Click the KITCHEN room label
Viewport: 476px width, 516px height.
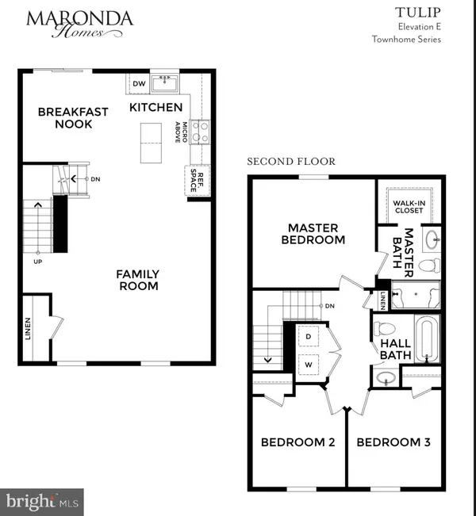coord(155,107)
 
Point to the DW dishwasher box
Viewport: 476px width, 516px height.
coord(138,83)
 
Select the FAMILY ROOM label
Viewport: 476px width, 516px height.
coord(137,279)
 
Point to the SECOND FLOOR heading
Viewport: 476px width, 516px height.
coord(291,162)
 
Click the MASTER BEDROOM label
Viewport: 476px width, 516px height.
coord(305,233)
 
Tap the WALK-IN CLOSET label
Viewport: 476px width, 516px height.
coord(409,207)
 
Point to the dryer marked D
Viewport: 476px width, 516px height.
coord(309,337)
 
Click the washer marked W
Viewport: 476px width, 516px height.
coord(309,365)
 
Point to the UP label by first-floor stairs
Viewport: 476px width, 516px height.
coord(37,261)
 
